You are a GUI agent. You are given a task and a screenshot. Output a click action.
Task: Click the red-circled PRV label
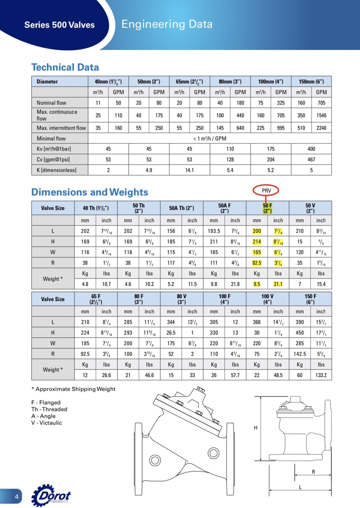(x=266, y=190)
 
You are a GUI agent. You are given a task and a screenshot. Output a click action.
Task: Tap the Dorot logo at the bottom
(x=52, y=495)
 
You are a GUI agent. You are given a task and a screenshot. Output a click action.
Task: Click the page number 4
(x=16, y=497)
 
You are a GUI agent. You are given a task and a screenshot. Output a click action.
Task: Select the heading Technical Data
(x=65, y=67)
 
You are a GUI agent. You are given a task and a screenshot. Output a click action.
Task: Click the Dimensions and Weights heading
(x=89, y=192)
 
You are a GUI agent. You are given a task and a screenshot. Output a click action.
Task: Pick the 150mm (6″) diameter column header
(x=311, y=82)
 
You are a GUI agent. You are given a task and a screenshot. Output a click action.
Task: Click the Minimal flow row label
(x=51, y=138)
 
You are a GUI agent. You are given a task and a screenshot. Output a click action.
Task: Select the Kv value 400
(x=311, y=149)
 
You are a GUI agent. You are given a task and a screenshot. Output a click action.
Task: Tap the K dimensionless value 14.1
(x=189, y=170)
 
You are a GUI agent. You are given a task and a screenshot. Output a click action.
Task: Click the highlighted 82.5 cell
(x=256, y=263)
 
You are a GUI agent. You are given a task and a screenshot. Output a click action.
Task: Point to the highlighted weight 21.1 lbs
(x=278, y=284)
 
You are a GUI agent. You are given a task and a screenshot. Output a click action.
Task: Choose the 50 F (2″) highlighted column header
(x=267, y=208)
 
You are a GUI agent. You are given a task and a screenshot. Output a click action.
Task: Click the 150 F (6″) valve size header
(x=310, y=299)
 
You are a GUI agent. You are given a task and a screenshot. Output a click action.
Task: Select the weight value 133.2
(x=321, y=375)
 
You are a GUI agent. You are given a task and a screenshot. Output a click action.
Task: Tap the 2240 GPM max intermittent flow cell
(x=321, y=128)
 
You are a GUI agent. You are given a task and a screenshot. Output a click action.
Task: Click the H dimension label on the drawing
(x=255, y=428)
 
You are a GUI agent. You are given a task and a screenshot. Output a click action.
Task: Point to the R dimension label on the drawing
(x=313, y=472)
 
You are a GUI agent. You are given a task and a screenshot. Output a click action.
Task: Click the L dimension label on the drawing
(x=300, y=487)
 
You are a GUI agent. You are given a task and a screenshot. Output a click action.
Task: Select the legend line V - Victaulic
(x=47, y=423)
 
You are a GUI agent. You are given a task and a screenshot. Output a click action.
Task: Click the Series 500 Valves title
(x=59, y=25)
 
